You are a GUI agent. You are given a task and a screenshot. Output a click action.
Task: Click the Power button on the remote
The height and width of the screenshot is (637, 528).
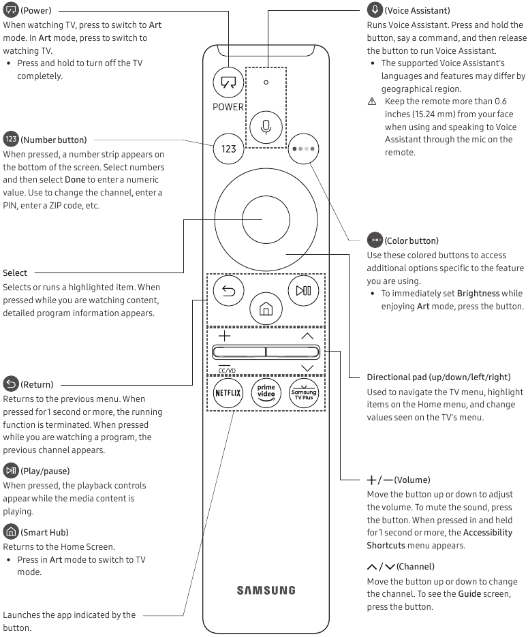228,82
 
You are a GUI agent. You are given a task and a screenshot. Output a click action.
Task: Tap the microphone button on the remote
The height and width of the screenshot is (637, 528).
266,127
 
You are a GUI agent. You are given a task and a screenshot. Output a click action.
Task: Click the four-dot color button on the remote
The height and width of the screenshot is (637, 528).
302,148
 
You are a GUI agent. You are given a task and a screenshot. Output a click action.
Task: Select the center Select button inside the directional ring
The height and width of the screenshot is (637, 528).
266,219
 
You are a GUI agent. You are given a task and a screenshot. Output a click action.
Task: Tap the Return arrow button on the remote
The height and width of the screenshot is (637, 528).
228,291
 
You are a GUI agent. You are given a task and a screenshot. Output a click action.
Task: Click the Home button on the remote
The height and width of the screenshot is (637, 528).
266,309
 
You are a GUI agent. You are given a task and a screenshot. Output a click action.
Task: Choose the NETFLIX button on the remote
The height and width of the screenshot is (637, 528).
228,393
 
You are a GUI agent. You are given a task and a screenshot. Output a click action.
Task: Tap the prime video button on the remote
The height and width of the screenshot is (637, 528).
266,393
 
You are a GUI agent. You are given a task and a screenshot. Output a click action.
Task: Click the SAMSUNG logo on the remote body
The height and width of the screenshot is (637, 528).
266,590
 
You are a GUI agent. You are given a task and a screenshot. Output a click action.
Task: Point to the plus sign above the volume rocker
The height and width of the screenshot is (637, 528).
224,336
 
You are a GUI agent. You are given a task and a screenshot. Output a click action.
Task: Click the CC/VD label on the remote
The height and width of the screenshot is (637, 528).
227,371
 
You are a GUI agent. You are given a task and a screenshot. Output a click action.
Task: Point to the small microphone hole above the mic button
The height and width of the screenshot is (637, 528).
266,82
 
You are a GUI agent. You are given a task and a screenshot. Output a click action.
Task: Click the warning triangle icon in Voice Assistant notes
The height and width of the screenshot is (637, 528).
372,101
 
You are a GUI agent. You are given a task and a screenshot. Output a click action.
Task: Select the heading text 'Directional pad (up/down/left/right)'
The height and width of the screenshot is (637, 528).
438,377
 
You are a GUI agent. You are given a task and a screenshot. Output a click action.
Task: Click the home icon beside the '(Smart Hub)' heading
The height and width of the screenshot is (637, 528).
11,531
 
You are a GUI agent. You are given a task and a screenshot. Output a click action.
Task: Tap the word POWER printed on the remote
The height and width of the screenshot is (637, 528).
228,106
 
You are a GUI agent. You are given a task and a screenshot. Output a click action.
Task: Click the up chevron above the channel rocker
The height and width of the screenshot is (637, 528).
307,336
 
